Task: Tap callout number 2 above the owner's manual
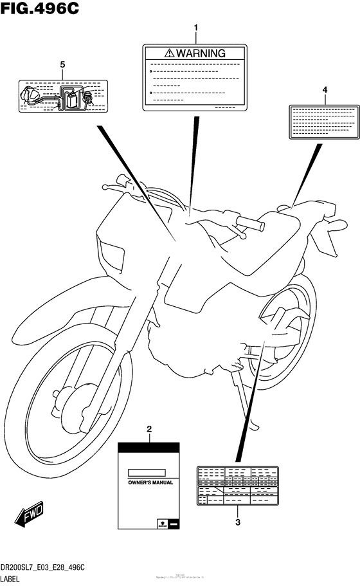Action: coord(149,428)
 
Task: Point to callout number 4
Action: coord(325,89)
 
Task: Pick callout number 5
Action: coord(62,64)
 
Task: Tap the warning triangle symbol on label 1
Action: coord(168,53)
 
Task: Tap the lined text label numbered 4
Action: coord(324,120)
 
